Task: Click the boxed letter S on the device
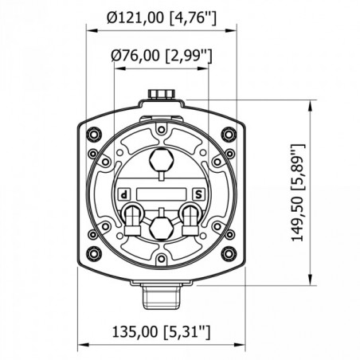[x=198, y=194]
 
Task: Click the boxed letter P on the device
[x=124, y=194]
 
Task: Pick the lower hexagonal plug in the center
[x=162, y=225]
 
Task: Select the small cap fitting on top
[x=162, y=96]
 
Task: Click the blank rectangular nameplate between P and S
[x=162, y=194]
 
